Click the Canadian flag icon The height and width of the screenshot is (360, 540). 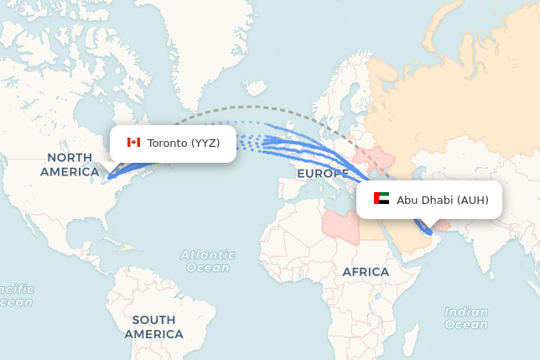pos(133,143)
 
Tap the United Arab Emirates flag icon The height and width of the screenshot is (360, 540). pos(382,199)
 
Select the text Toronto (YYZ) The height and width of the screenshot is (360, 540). pos(184,143)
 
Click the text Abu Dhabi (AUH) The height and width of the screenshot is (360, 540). pos(443,200)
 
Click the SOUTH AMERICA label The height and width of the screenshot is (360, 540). pos(153,326)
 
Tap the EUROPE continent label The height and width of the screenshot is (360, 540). pos(322,174)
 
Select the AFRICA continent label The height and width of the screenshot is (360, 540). pos(366,272)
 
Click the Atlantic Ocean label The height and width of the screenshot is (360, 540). pos(207,260)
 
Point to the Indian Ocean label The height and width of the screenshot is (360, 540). pos(466,318)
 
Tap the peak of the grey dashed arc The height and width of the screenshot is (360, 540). pos(252,107)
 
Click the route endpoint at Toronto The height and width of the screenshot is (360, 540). pos(107,178)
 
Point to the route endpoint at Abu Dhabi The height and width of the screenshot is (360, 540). pos(430,231)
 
